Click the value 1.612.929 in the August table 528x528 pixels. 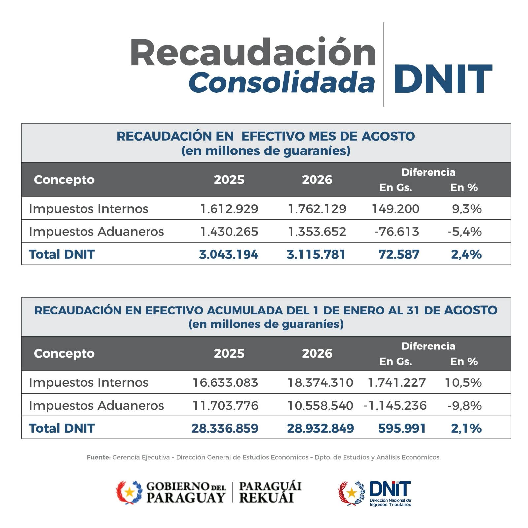pos(229,209)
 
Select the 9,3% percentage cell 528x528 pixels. pos(467,209)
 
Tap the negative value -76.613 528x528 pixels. pos(397,231)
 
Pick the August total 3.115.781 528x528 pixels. pos(316,254)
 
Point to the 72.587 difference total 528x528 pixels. pos(399,254)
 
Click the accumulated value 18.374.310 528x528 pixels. pos(320,382)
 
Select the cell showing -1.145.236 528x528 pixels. pos(395,405)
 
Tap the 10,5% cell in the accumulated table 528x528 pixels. pos(463,382)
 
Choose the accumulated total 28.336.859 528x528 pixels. pos(225,428)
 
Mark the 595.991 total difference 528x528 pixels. pos(402,428)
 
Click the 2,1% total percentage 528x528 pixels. pos(467,428)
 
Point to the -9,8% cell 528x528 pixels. pos(465,405)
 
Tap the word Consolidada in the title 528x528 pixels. pos(282,82)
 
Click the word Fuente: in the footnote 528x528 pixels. pos(99,457)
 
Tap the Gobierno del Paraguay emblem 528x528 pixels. pos(129,492)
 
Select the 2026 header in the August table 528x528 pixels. pos(317,180)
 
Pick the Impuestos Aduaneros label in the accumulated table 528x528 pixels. pos(96,405)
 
